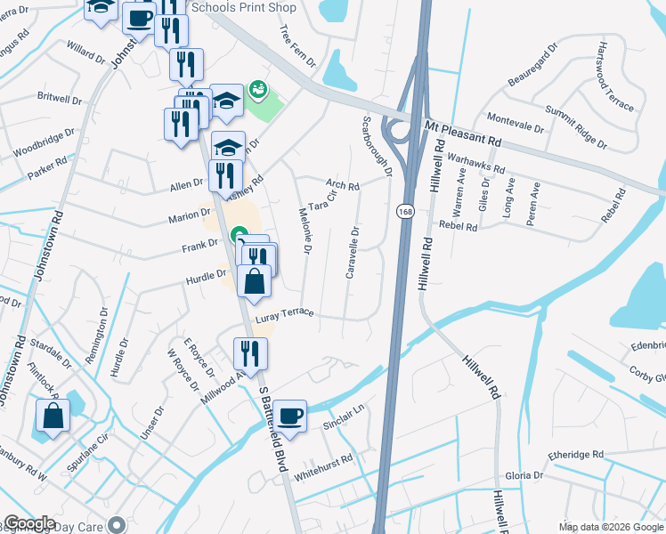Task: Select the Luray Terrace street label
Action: point(284,315)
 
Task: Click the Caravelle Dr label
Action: point(353,252)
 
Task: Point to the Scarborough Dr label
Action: point(376,146)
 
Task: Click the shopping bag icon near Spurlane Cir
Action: point(53,416)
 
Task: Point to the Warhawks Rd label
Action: point(475,162)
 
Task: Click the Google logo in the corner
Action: point(29,523)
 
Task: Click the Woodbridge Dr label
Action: point(41,146)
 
